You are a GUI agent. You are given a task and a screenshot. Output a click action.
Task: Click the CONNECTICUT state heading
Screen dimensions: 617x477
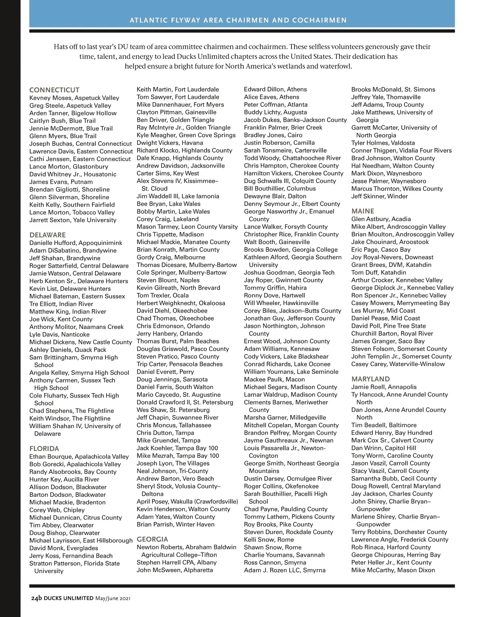click(x=54, y=90)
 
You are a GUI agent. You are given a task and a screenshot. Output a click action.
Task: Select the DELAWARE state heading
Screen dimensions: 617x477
click(x=48, y=235)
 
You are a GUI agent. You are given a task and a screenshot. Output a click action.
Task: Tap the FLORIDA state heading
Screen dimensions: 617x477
click(x=44, y=448)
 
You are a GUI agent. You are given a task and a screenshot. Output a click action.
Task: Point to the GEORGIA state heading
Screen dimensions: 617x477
click(x=152, y=539)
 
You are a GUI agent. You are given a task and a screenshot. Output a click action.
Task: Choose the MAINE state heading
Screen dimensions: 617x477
click(x=363, y=211)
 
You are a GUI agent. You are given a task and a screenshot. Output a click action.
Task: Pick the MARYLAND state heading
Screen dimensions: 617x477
click(x=370, y=379)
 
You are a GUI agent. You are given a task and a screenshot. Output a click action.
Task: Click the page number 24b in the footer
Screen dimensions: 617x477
click(x=37, y=598)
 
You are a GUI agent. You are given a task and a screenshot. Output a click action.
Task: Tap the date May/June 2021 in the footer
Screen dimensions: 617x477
click(x=113, y=598)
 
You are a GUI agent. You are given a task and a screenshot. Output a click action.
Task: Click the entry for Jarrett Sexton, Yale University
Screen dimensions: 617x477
click(x=73, y=220)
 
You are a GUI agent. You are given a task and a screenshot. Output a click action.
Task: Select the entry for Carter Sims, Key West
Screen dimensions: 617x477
click(x=168, y=173)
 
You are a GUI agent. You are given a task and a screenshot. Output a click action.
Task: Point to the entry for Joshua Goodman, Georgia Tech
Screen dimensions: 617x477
click(x=289, y=272)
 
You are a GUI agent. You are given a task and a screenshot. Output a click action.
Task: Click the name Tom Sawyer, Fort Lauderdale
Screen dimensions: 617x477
click(x=178, y=97)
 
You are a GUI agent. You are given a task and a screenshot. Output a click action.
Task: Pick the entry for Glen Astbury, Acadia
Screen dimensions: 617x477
click(x=381, y=219)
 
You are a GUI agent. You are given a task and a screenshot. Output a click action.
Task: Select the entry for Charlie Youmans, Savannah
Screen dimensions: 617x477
click(x=284, y=555)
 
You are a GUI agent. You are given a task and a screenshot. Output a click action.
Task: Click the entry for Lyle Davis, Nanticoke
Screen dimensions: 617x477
click(x=59, y=335)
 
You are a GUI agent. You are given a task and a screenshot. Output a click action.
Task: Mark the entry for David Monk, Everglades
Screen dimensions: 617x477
click(x=64, y=548)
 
